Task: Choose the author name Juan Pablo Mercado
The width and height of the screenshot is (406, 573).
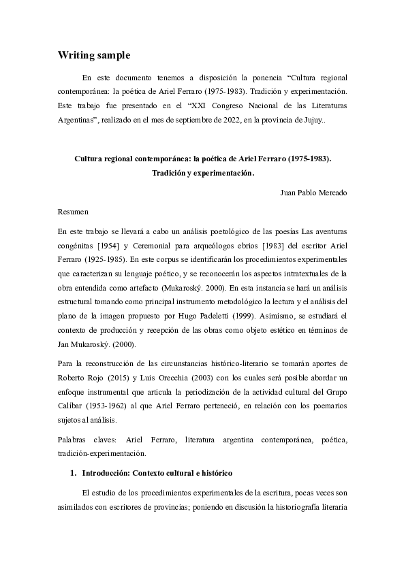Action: [x=313, y=192]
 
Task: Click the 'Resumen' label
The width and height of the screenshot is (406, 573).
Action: [x=74, y=212]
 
